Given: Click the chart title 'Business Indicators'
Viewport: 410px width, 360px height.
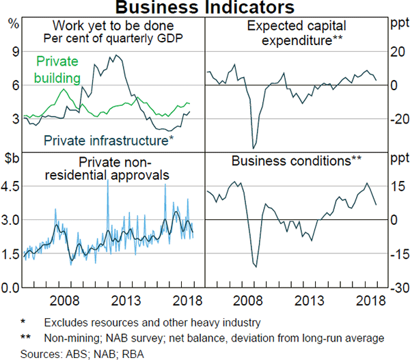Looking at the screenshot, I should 205,8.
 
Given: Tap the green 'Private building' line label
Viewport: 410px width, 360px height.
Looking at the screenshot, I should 58,69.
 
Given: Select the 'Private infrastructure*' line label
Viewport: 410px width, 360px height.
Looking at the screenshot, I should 107,141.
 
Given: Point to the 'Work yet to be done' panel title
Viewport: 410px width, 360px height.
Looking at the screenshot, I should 113,27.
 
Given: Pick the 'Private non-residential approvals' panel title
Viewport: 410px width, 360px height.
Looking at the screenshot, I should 113,169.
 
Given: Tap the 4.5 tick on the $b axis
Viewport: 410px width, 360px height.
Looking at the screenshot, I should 12,186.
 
